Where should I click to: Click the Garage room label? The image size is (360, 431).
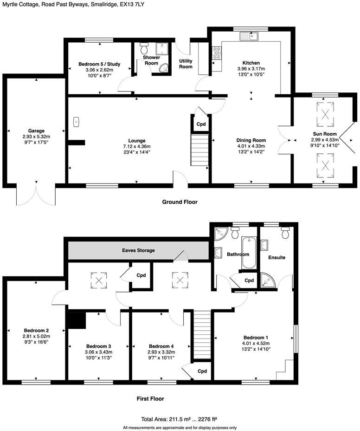click(36, 131)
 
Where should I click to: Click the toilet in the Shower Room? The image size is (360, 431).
click(144, 48)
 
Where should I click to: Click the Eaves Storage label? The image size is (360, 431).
click(138, 250)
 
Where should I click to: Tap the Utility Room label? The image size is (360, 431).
click(186, 64)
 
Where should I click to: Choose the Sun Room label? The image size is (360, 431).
click(324, 133)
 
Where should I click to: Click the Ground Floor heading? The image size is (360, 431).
click(180, 202)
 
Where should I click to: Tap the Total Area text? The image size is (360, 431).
click(180, 418)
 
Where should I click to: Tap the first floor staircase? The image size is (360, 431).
click(201, 334)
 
